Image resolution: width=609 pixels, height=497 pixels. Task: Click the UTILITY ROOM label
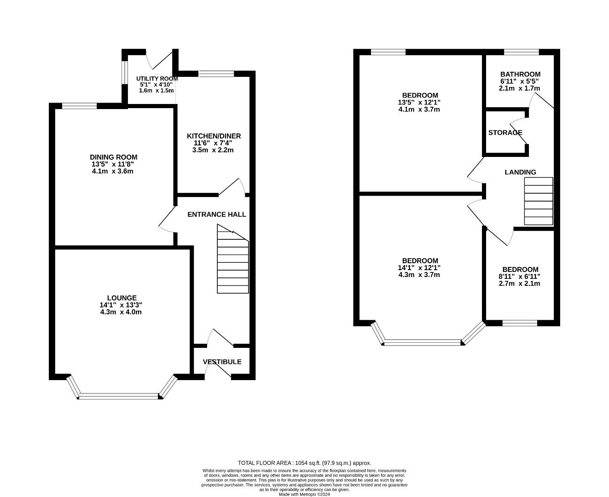157,79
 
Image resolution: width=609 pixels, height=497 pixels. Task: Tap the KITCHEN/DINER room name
214,136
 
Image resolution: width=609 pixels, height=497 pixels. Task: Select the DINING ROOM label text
114,157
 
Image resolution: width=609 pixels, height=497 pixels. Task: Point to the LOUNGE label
122,298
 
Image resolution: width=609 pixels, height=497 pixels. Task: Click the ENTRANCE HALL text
216,214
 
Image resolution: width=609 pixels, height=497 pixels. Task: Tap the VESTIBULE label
222,362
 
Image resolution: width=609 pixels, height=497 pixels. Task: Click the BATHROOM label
520,74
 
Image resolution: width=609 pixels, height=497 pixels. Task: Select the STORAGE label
505,133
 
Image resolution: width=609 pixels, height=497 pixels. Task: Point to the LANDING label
520,172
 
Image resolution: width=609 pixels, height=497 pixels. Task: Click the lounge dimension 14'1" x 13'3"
121,305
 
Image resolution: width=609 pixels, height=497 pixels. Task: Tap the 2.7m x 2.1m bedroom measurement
519,283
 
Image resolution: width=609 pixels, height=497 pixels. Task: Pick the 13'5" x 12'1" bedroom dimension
419,102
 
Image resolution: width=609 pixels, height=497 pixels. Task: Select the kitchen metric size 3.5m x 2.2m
213,150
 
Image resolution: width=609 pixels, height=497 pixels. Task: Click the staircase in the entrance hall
233,259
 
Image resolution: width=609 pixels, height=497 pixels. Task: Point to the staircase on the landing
538,201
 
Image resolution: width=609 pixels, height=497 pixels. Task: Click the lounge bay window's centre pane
119,396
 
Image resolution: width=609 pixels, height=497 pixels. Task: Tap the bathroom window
521,52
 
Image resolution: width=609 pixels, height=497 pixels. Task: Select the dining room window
80,106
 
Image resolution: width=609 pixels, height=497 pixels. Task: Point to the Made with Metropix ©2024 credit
304,494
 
